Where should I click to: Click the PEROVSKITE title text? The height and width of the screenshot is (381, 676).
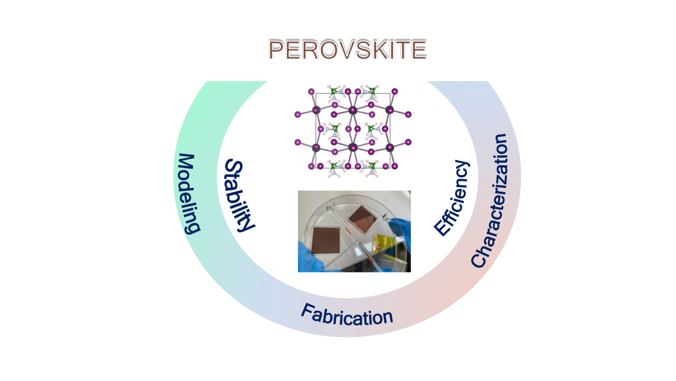[x=347, y=50]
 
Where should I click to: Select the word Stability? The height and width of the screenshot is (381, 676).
[x=239, y=195]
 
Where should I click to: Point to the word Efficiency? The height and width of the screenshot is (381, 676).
[x=452, y=198]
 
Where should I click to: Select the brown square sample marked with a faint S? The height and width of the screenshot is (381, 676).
[x=326, y=240]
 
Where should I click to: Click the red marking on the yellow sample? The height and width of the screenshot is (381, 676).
[x=379, y=247]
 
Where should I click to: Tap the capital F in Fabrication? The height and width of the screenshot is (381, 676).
[x=308, y=311]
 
